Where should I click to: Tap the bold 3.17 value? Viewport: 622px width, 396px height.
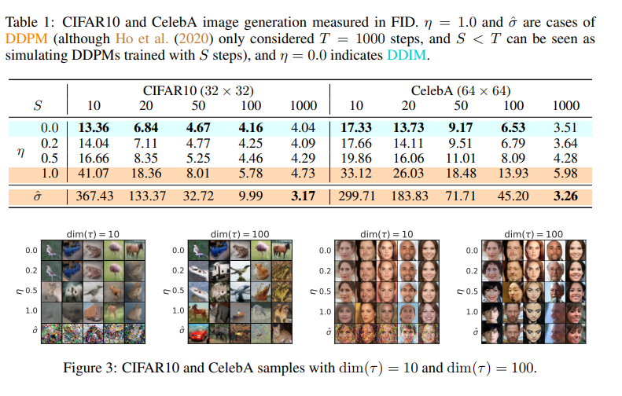click(304, 196)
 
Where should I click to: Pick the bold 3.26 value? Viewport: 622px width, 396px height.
click(565, 196)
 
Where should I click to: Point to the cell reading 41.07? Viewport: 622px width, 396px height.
click(92, 172)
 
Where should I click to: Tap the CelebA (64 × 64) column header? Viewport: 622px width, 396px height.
click(460, 90)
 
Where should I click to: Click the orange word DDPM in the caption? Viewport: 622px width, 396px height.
click(24, 38)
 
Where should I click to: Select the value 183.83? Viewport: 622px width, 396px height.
click(409, 196)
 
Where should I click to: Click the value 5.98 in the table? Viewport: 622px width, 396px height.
click(565, 172)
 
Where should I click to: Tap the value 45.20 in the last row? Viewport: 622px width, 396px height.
click(513, 196)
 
